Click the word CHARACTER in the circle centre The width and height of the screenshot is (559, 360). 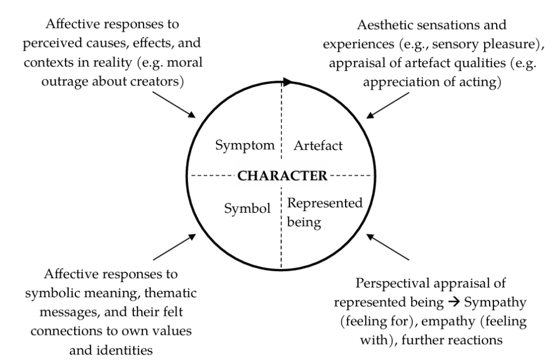point(281,176)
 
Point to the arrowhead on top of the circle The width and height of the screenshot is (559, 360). point(288,82)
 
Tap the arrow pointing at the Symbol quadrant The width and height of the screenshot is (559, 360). point(174,247)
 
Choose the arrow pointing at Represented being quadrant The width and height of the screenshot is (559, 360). point(388,247)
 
